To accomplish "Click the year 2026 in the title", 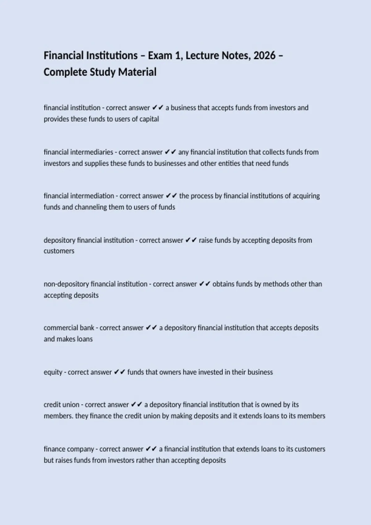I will click(264, 56).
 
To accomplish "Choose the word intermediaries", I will click(92, 152).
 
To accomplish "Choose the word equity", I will click(53, 372).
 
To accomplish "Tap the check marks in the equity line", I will click(119, 372).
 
